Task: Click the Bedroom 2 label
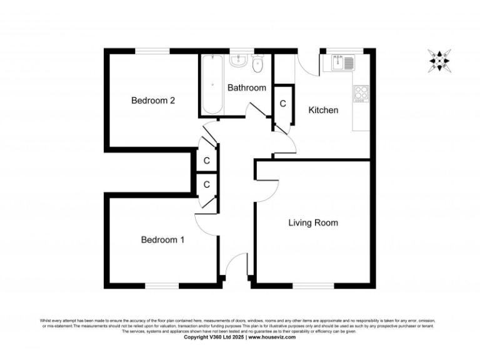152,101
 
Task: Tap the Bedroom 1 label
162,239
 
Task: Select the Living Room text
313,222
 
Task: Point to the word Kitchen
324,110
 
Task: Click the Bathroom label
246,88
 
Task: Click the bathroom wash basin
238,61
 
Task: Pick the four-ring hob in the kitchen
361,93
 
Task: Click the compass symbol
440,61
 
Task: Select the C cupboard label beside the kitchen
282,103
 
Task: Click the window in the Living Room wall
312,286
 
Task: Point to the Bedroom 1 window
162,286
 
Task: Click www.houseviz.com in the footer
271,337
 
